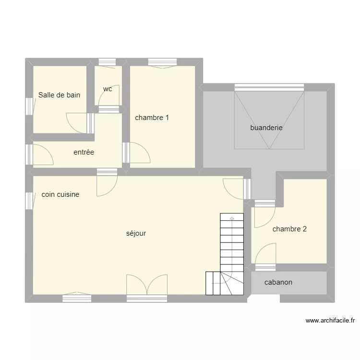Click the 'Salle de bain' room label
[59, 95]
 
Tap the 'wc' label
[108, 89]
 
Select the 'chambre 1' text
[152, 118]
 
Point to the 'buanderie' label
[266, 128]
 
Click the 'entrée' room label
[84, 153]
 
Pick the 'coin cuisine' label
[60, 194]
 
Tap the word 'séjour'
[136, 233]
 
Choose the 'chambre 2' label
[289, 229]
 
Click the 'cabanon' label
[278, 282]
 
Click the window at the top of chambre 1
[162, 62]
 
